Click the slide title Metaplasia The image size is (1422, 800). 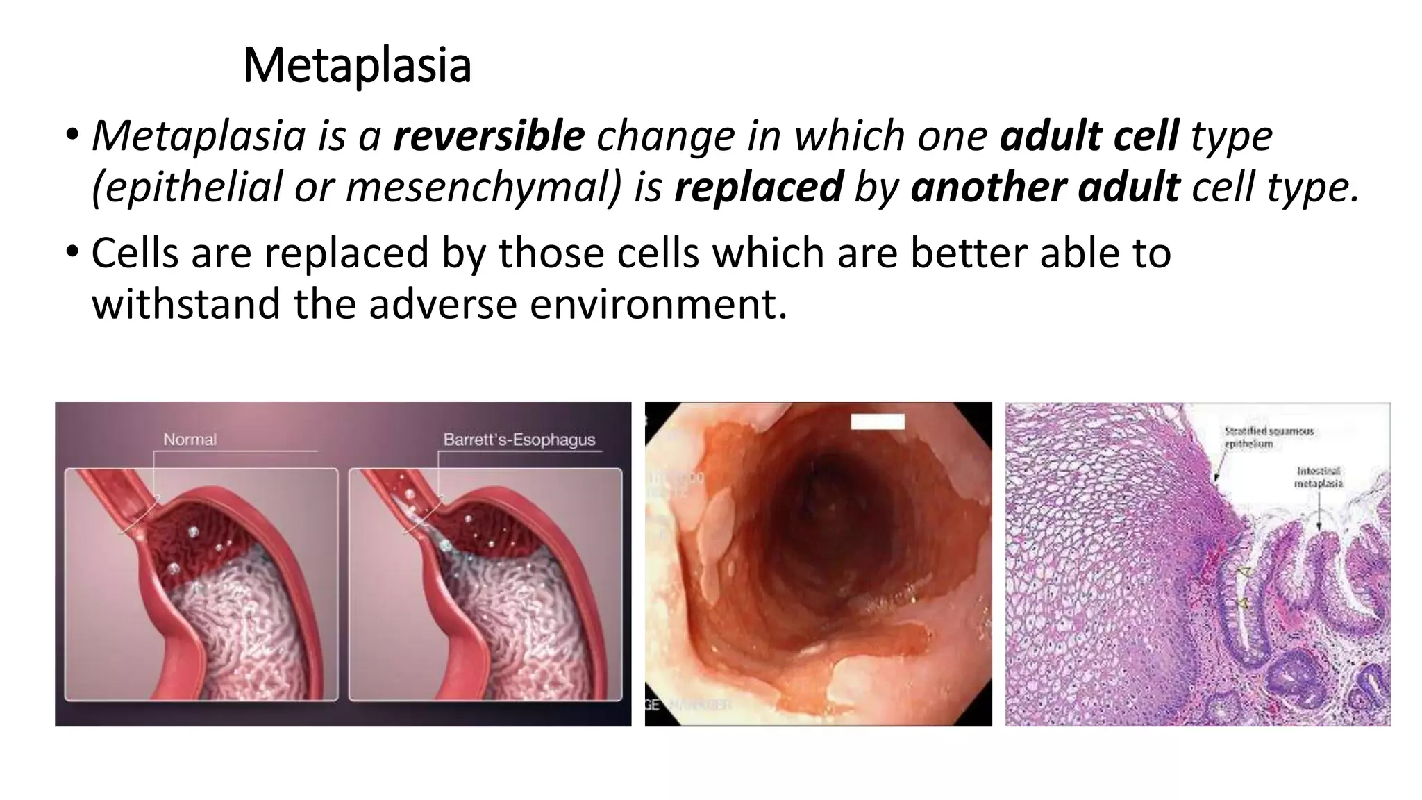pos(357,66)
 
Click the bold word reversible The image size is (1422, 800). pos(489,135)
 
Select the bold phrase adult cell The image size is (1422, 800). pos(1089,135)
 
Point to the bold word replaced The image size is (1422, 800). pos(758,187)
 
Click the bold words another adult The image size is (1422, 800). pos(1045,187)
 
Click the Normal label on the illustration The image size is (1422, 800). pos(190,440)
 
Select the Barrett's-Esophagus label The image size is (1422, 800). pos(519,440)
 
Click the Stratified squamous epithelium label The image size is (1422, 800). pos(1268,437)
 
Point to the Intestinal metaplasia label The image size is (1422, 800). pos(1318,477)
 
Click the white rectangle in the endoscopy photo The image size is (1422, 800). pos(878,422)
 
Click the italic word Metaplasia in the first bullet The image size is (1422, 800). pos(199,135)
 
